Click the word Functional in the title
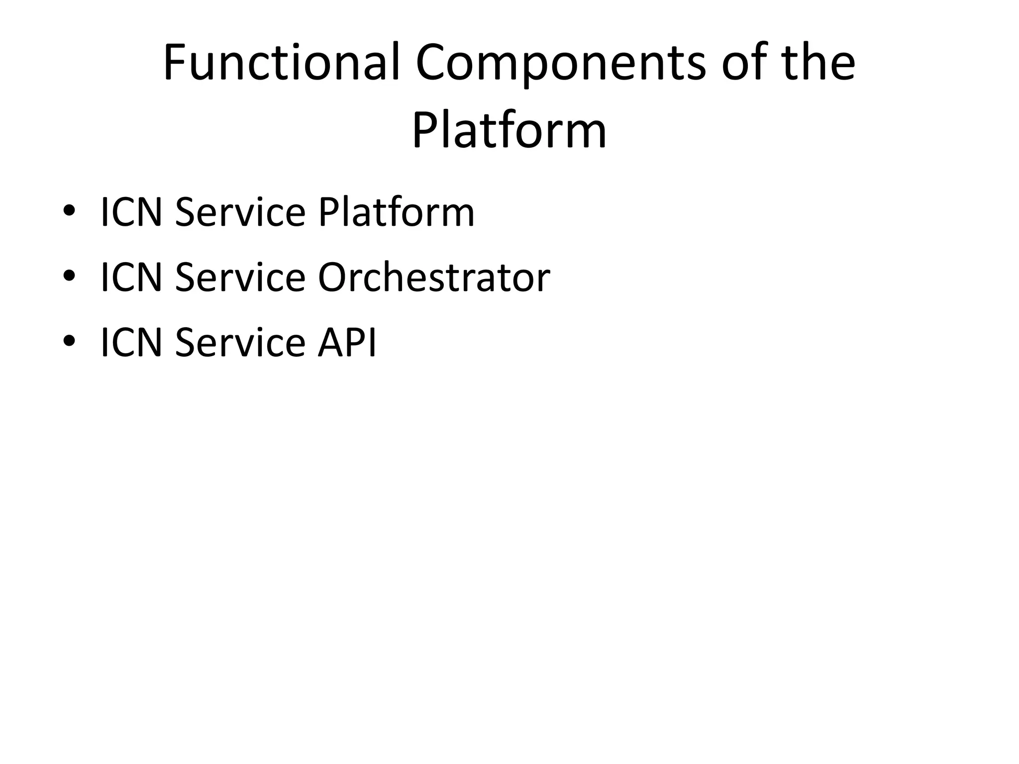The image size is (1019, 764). (282, 63)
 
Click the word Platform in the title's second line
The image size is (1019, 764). (509, 131)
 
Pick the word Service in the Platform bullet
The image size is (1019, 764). (240, 212)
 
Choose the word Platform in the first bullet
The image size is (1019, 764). (396, 212)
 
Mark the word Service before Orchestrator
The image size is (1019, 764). (240, 278)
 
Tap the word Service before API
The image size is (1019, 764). (240, 343)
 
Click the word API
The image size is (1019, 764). (347, 343)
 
